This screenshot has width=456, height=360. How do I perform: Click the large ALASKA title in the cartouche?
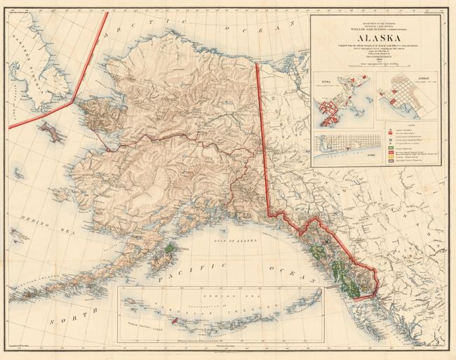[x=375, y=40]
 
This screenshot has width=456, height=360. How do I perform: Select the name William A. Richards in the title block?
[x=375, y=28]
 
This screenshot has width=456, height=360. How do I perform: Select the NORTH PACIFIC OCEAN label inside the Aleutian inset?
[x=154, y=322]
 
